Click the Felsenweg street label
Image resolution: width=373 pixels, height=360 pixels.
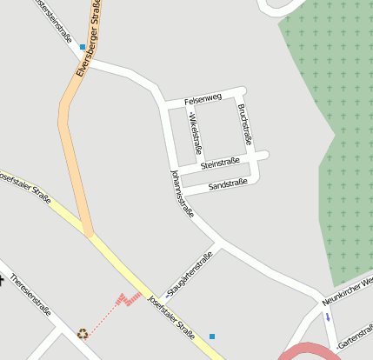pyautogui.click(x=203, y=100)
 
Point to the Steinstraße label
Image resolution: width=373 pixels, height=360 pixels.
pyautogui.click(x=220, y=163)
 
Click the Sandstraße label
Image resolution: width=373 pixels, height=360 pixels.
pyautogui.click(x=228, y=183)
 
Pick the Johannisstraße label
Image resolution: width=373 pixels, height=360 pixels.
pyautogui.click(x=182, y=191)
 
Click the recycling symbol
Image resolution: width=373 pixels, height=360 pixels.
pyautogui.click(x=83, y=332)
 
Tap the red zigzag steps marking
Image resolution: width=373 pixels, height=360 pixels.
pyautogui.click(x=129, y=299)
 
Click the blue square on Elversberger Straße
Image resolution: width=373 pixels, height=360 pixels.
pyautogui.click(x=83, y=47)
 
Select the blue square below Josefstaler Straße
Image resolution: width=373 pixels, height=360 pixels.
pyautogui.click(x=211, y=336)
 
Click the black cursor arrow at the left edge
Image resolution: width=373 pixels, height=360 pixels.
pyautogui.click(x=3, y=280)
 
